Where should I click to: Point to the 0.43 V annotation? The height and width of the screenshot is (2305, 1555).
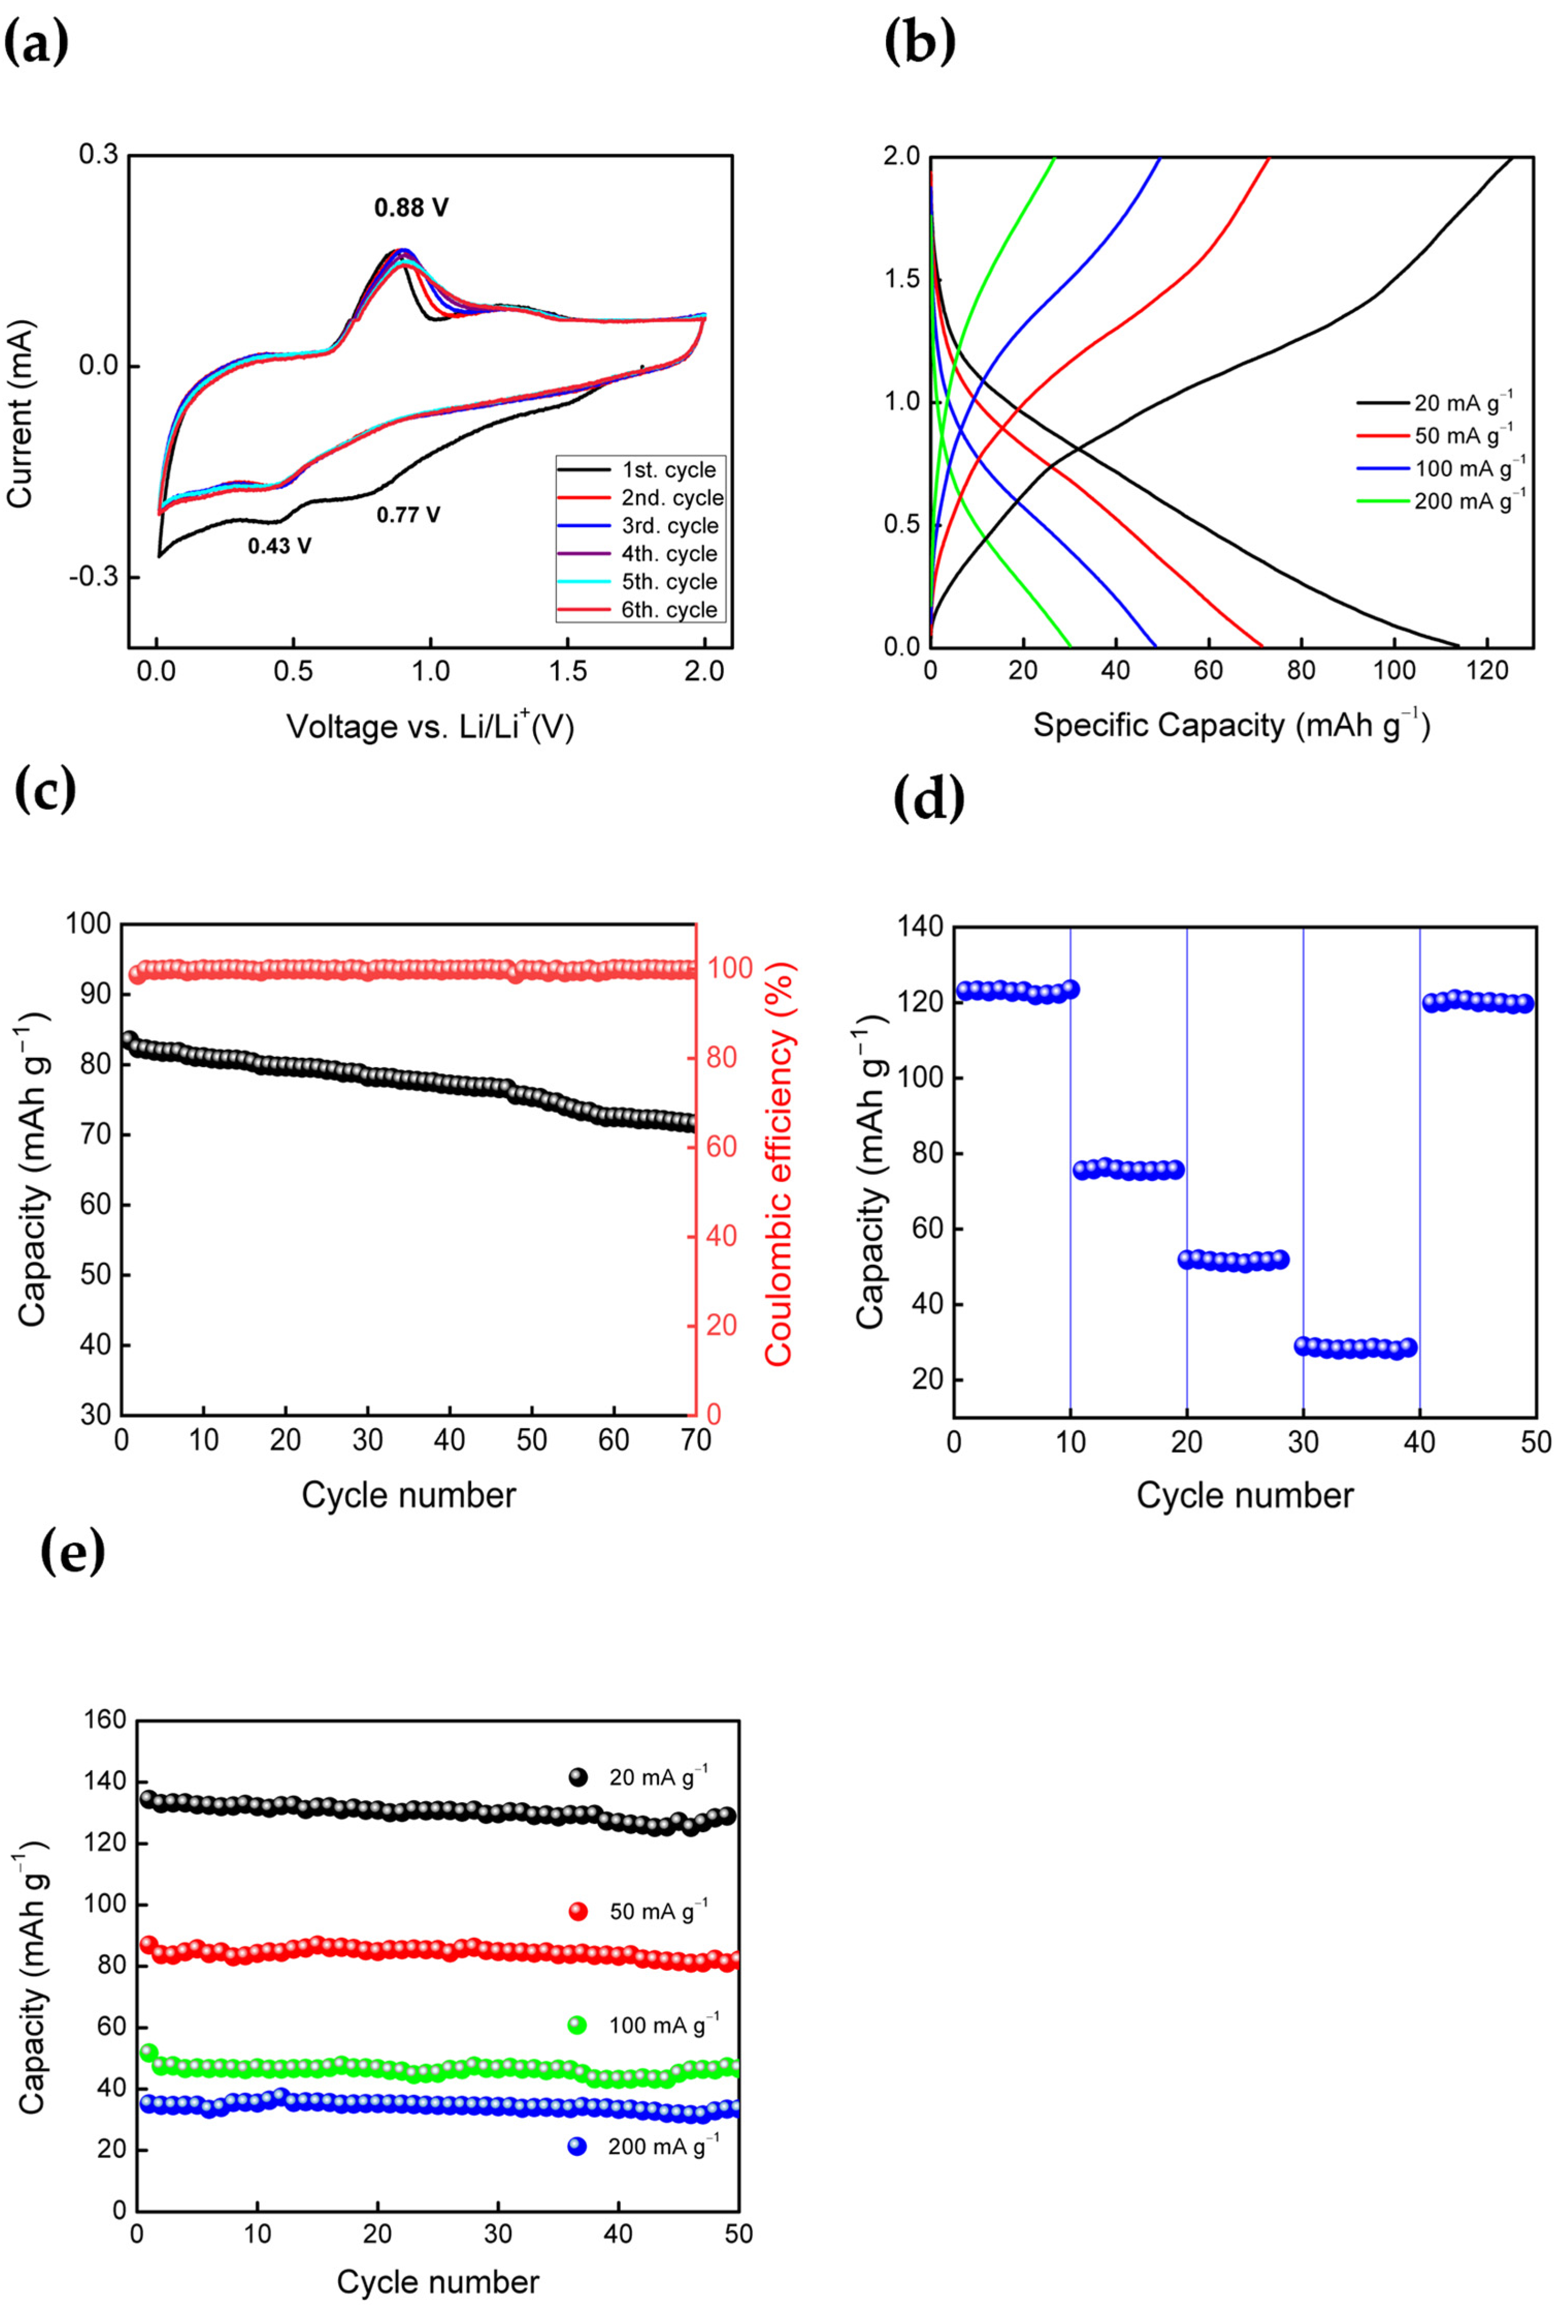click(x=279, y=546)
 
